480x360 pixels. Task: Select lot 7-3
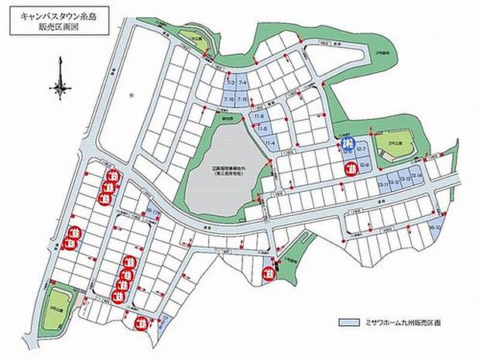point(230,82)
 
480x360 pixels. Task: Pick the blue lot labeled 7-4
point(242,82)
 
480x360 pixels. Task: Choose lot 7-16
point(229,100)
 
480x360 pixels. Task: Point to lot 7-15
point(242,100)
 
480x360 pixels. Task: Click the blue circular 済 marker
point(348,144)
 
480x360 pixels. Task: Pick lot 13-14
point(416,177)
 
